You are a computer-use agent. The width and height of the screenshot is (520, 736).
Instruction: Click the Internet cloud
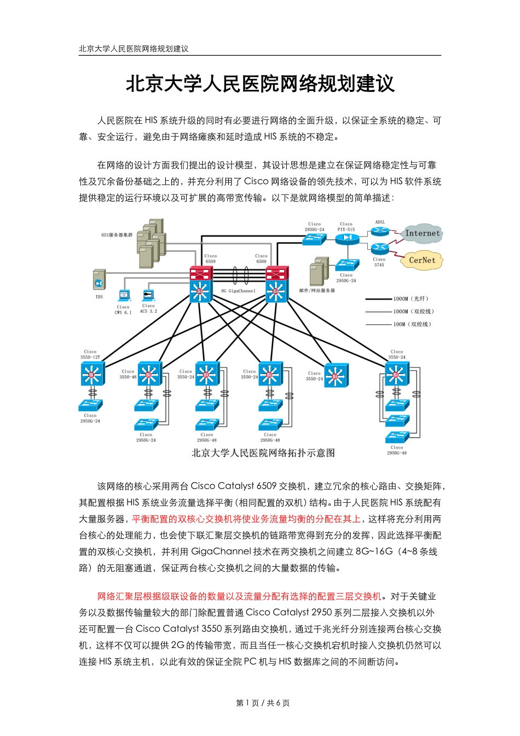point(423,234)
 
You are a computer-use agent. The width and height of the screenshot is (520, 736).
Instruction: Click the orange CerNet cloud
point(422,261)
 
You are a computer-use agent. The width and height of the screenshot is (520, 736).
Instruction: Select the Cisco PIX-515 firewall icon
point(346,239)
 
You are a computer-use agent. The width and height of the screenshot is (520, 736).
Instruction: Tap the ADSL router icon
point(379,232)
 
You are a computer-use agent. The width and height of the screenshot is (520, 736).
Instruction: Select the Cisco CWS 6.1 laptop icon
point(124,296)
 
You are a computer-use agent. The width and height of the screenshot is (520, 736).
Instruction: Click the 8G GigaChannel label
point(238,291)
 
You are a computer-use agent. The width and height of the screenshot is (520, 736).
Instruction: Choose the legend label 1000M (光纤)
point(411,299)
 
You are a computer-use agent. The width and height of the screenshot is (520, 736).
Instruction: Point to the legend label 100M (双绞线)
point(412,324)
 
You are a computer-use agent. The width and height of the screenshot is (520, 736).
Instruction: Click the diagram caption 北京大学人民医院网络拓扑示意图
point(263,453)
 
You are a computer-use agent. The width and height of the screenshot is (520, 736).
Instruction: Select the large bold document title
point(260,84)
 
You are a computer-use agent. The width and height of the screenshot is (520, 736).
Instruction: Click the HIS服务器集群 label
point(117,235)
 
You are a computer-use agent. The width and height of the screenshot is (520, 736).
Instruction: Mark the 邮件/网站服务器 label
point(317,291)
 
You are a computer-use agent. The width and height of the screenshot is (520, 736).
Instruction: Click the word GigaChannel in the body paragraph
point(217,551)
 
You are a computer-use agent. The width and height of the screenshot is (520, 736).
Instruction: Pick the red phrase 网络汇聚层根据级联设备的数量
point(161,596)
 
